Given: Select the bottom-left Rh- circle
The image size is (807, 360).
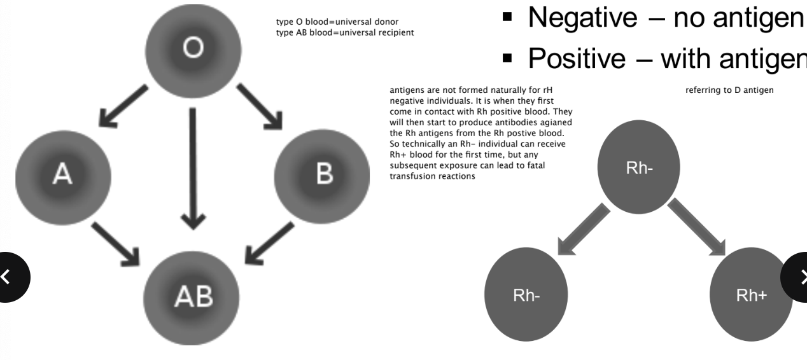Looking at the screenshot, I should click(527, 296).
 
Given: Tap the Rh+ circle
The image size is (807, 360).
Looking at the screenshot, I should click(752, 296).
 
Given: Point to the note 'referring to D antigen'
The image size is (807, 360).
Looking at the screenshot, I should click(729, 90).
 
